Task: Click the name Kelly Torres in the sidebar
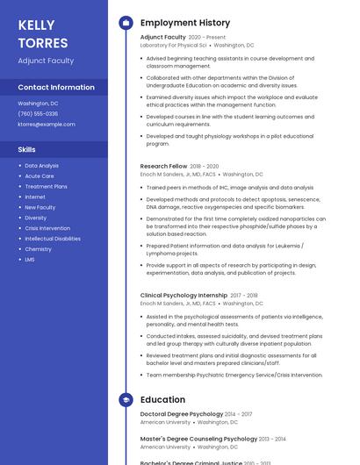(43, 33)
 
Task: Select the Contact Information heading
(56, 87)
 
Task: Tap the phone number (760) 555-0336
(38, 113)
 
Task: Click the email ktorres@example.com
(47, 124)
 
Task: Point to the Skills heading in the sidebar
(27, 149)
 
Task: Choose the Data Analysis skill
(41, 165)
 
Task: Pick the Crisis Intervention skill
(47, 228)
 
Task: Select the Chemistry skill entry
(38, 249)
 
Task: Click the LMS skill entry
(30, 260)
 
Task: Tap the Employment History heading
(185, 23)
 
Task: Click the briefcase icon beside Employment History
(126, 23)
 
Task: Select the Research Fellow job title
(163, 166)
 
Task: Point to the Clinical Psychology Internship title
(184, 296)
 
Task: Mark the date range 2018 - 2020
(205, 166)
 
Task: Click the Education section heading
(162, 400)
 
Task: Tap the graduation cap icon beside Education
(126, 400)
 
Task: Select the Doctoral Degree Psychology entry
(182, 414)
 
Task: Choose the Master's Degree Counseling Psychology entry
(198, 439)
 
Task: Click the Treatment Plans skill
(46, 186)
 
